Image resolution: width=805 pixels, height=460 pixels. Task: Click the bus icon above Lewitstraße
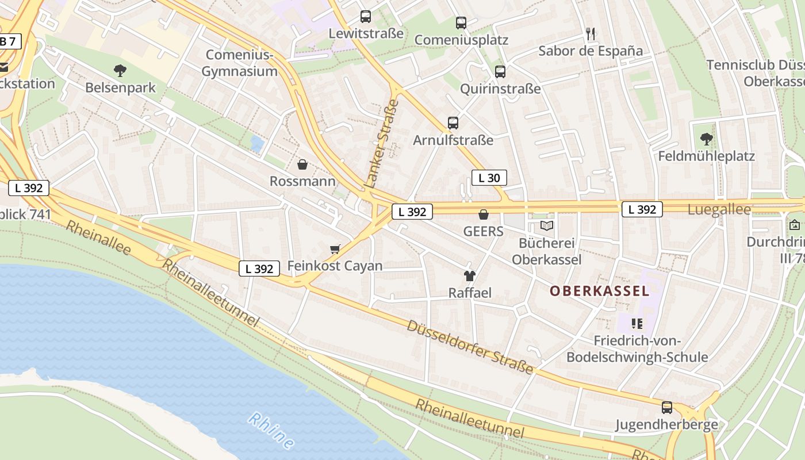[x=366, y=17]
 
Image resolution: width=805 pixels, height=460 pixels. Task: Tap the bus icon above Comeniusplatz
[x=461, y=23]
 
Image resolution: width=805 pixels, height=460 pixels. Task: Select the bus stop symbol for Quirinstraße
[x=500, y=72]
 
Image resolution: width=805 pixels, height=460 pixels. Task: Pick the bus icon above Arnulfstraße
[x=453, y=123]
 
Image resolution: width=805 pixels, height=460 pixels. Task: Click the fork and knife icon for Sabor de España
[x=591, y=34]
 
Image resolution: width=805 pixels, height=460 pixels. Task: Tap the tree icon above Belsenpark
[x=120, y=71]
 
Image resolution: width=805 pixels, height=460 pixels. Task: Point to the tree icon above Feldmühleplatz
[x=707, y=139]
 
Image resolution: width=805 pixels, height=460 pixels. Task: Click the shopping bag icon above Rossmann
[x=302, y=165]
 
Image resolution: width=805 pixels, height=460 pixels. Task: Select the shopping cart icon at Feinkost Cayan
[x=335, y=249]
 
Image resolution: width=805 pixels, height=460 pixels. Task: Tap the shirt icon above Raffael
[x=470, y=276]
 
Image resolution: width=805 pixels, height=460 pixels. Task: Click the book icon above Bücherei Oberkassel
[x=547, y=226]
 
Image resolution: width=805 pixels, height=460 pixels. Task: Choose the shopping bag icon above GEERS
[x=484, y=214]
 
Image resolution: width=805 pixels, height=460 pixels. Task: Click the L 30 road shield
[x=489, y=178]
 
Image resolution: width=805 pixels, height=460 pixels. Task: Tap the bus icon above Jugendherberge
[x=667, y=408]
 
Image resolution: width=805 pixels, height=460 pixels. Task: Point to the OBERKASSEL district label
[x=599, y=291]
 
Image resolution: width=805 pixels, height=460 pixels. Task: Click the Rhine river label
[x=272, y=430]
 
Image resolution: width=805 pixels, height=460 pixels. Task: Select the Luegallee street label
[x=719, y=210]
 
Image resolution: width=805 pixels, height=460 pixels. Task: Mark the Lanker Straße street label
[x=382, y=144]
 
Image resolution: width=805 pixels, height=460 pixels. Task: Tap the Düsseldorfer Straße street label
[x=470, y=347]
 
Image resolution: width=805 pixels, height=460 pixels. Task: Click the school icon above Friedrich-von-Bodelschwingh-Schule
[x=637, y=324]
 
